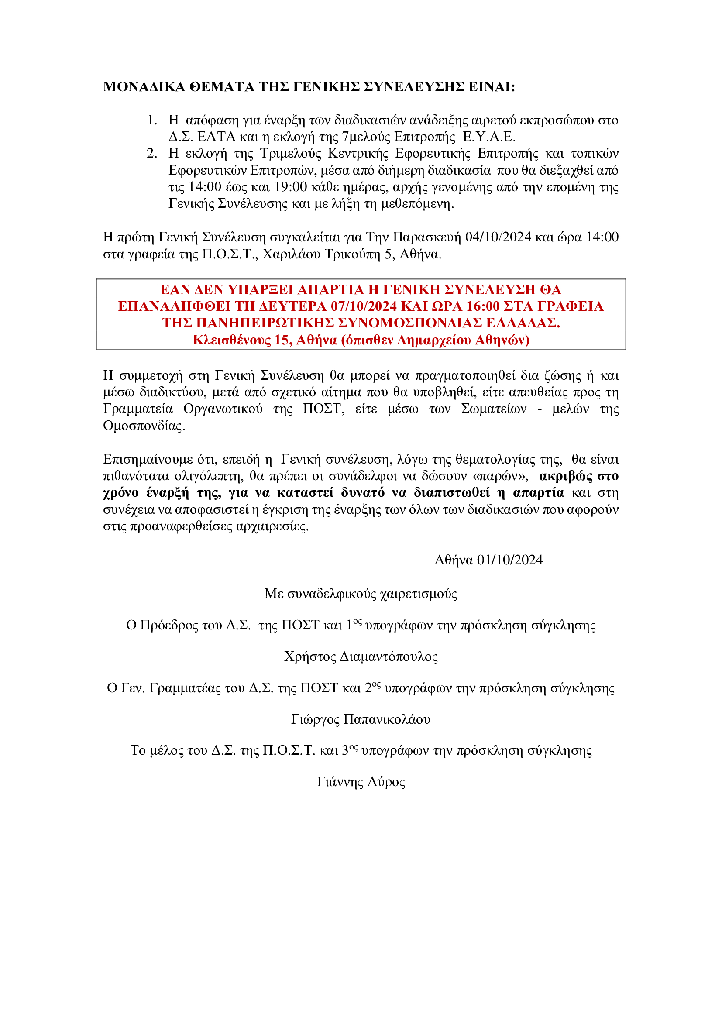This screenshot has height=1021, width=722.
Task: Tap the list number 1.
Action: pos(151,120)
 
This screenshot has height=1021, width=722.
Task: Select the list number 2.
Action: pos(151,153)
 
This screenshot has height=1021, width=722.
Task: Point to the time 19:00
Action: pos(291,187)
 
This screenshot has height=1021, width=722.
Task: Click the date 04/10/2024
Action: pos(498,237)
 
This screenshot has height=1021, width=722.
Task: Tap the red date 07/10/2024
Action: pos(364,306)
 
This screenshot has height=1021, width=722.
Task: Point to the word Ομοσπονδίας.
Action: pos(144,426)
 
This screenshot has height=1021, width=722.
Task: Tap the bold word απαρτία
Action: pos(538,493)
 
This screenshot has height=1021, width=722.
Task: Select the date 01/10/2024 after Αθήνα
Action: pos(509,560)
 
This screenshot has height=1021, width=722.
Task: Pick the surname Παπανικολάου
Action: pos(387,719)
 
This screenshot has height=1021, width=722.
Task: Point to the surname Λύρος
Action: pos(385,782)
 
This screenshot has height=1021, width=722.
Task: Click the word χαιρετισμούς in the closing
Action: pos(418,594)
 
